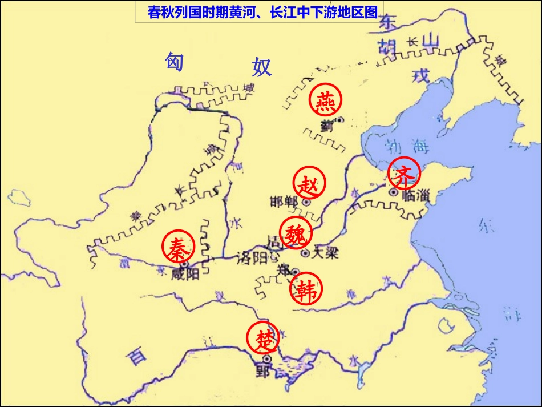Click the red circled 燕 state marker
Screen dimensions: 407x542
[326, 101]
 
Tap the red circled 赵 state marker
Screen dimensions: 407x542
[310, 184]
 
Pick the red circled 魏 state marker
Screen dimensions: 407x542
[296, 234]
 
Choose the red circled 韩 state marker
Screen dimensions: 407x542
[306, 289]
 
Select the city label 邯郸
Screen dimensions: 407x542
[284, 202]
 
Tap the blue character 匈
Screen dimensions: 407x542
[173, 61]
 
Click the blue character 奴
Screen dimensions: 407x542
[262, 67]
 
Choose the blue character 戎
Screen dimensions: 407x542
[420, 75]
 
